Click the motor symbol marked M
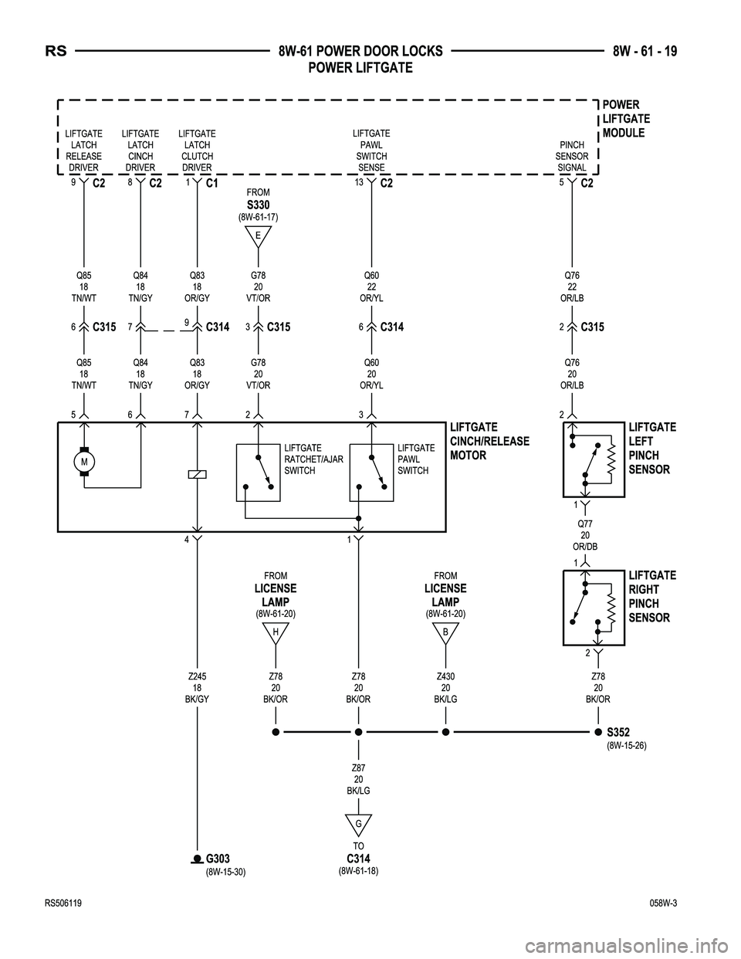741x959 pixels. pyautogui.click(x=84, y=462)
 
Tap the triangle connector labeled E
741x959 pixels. pyautogui.click(x=258, y=236)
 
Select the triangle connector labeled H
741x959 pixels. pyautogui.click(x=276, y=633)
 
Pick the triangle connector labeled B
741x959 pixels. pyautogui.click(x=445, y=633)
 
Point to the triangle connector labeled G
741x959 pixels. pyautogui.click(x=359, y=825)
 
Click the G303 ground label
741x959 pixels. pyautogui.click(x=218, y=859)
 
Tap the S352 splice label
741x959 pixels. pyautogui.click(x=618, y=732)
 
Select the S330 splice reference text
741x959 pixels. pyautogui.click(x=258, y=205)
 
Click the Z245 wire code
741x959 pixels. pyautogui.click(x=197, y=676)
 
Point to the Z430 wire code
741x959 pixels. pyautogui.click(x=445, y=676)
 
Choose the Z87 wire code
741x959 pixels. pyautogui.click(x=359, y=768)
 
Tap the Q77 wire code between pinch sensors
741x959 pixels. pyautogui.click(x=585, y=524)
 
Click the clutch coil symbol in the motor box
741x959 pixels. pyautogui.click(x=197, y=475)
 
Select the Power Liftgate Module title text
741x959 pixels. pyautogui.click(x=626, y=119)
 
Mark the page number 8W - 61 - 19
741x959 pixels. pyautogui.click(x=645, y=51)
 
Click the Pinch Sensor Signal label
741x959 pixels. pyautogui.click(x=572, y=156)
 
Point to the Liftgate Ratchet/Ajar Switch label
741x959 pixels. pyautogui.click(x=313, y=459)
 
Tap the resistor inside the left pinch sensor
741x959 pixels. pyautogui.click(x=611, y=459)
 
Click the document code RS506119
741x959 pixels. pyautogui.click(x=63, y=903)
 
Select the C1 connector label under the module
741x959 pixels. pyautogui.click(x=212, y=183)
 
